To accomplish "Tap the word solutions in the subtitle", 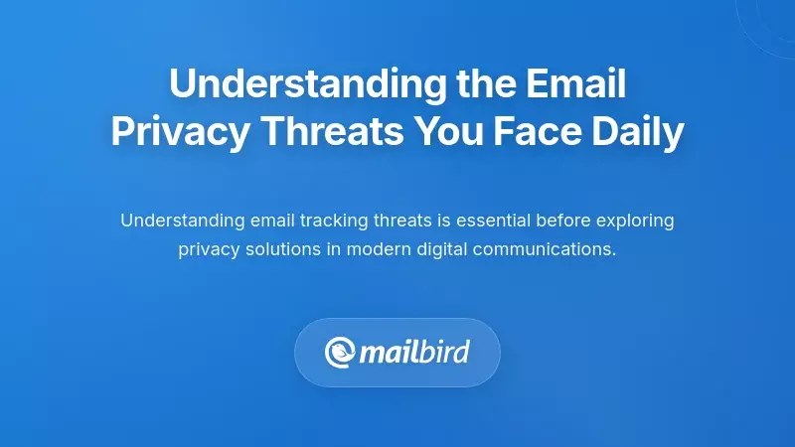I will pos(281,249).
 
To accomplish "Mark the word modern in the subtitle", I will pos(371,249).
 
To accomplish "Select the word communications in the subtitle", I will pos(545,249).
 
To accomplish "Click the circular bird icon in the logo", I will pos(341,352).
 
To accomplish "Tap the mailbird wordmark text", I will pos(414,352).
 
